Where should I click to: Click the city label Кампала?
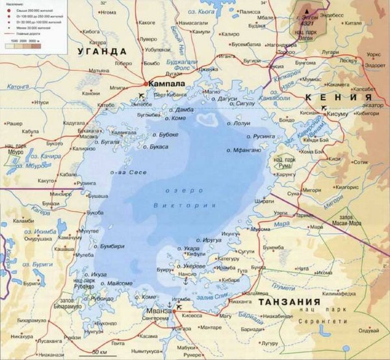pyautogui.click(x=167, y=84)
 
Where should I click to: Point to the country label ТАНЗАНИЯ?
pyautogui.click(x=289, y=303)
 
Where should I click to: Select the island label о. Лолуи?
pyautogui.click(x=237, y=123)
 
